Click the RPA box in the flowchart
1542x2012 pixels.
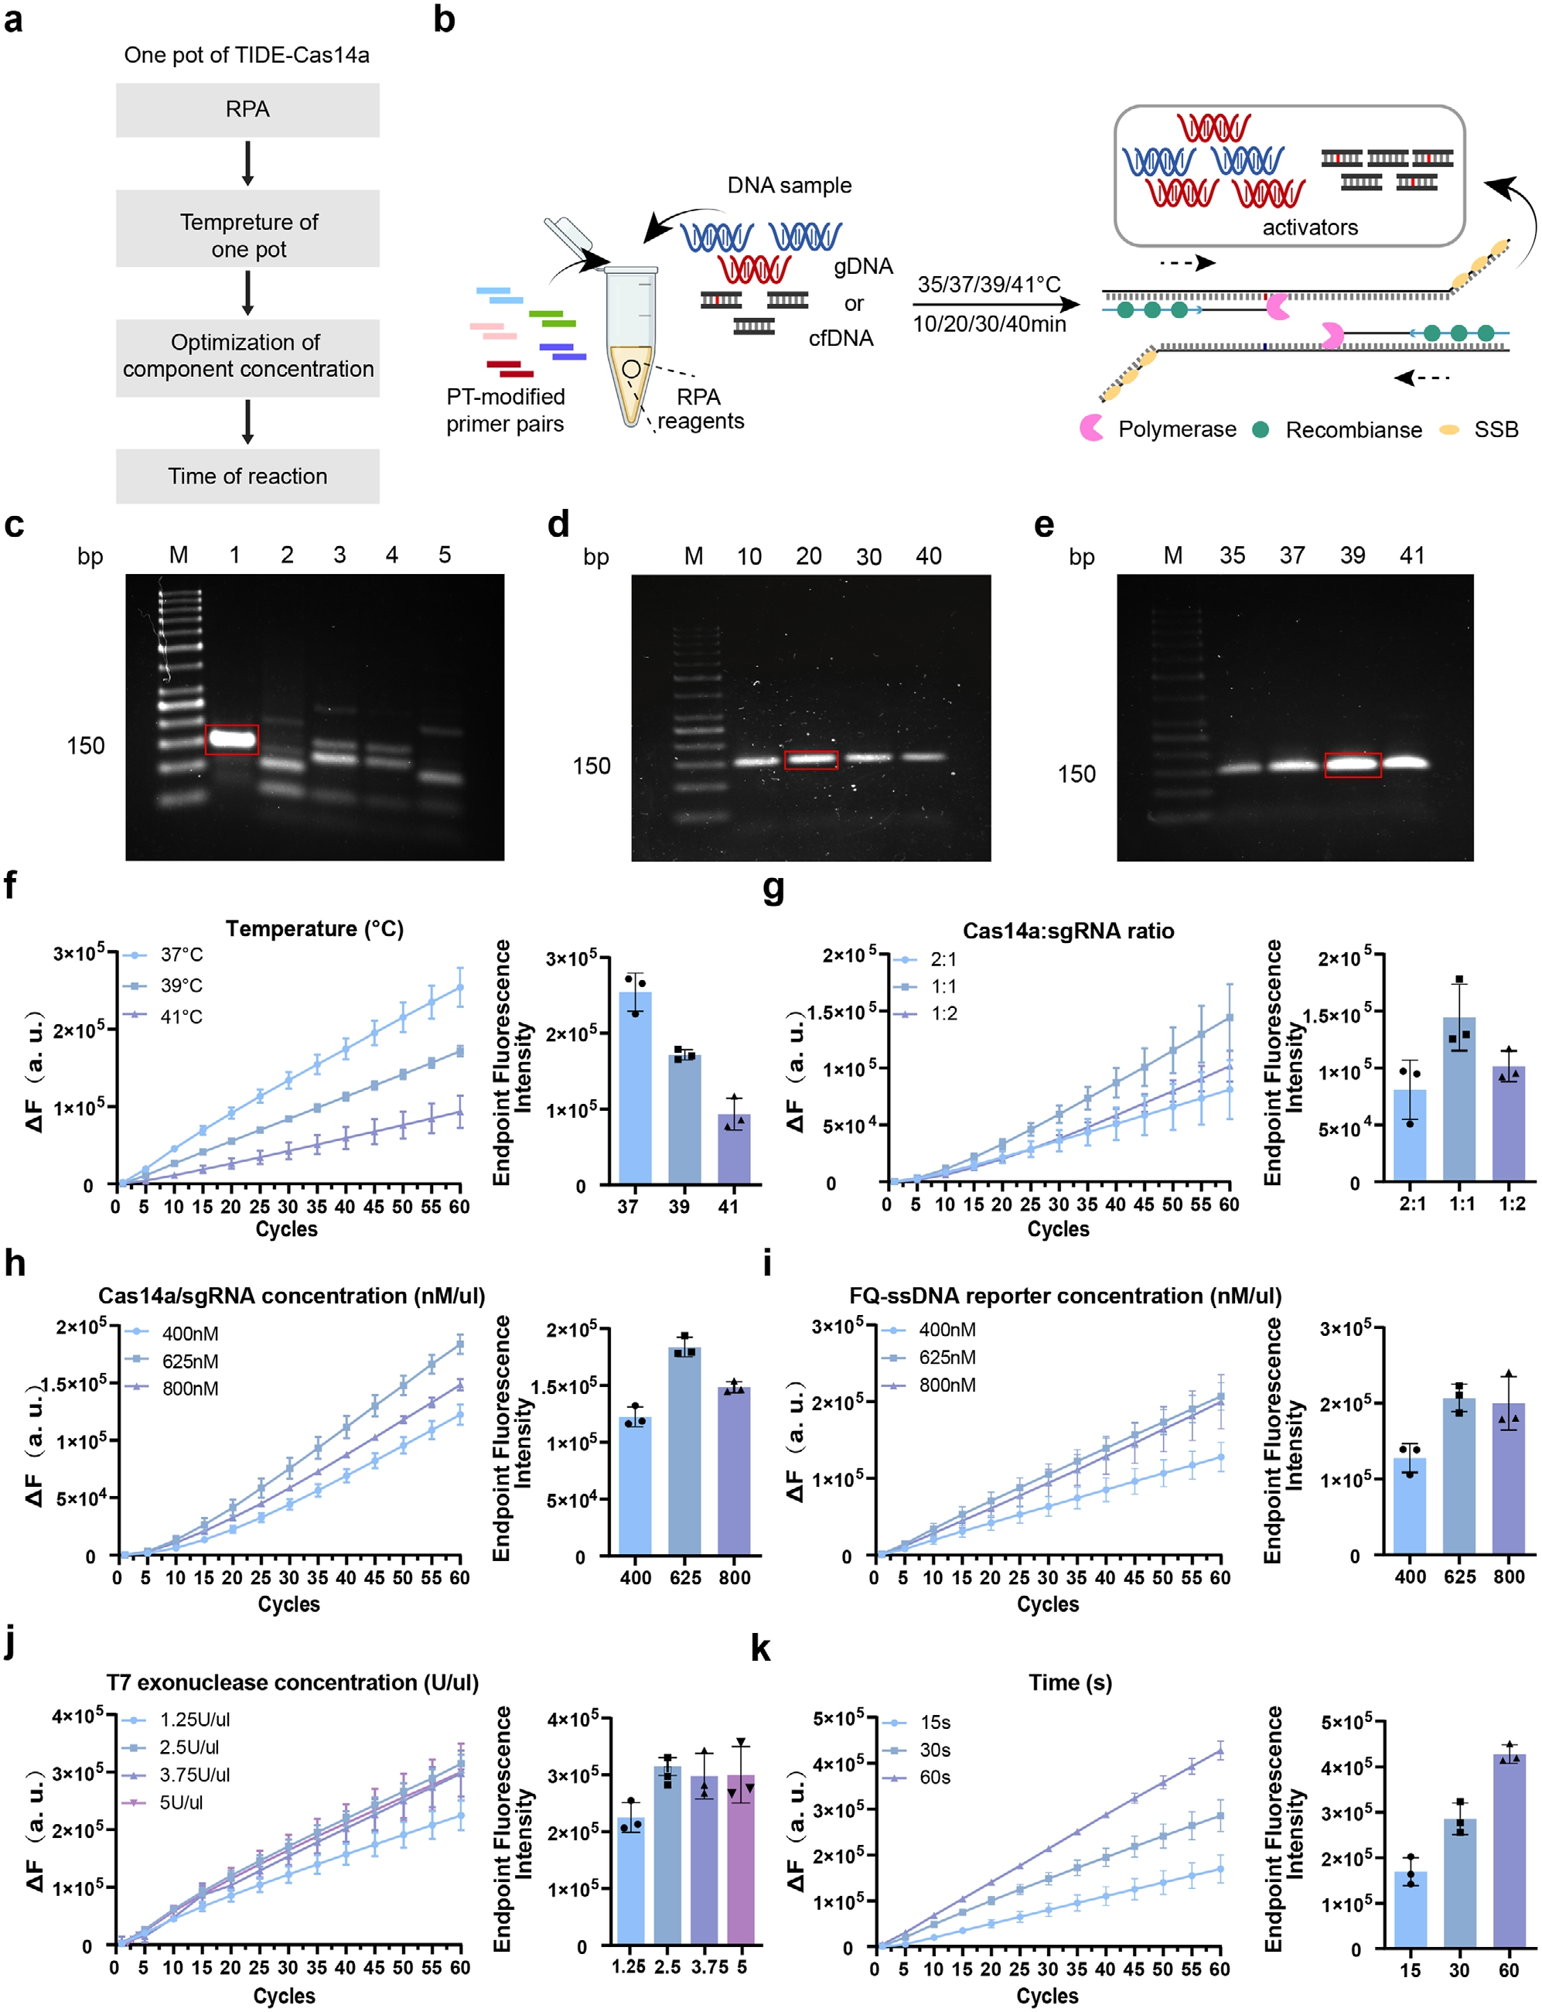(x=247, y=110)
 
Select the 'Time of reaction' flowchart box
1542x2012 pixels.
(x=247, y=477)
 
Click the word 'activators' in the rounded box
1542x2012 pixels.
(x=1310, y=227)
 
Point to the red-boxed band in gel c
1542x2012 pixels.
(x=231, y=739)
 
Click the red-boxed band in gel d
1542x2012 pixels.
(x=810, y=759)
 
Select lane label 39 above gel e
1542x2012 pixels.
(x=1352, y=555)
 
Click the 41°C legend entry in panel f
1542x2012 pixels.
(x=181, y=1017)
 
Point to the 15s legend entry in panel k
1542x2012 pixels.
(x=934, y=1723)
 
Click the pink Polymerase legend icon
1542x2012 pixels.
(x=1091, y=429)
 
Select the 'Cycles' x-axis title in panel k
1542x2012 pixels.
(x=1047, y=1996)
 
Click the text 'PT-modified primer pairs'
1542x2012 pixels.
(x=505, y=410)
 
